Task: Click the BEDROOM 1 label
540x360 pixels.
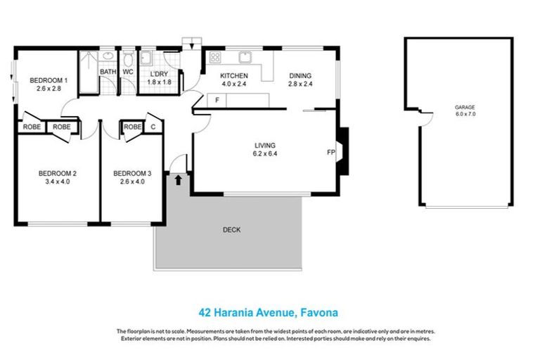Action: tap(46, 80)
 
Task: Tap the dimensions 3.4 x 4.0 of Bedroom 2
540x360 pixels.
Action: tap(58, 181)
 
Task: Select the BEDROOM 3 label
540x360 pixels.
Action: tap(132, 173)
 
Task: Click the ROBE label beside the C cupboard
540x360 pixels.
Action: tap(132, 127)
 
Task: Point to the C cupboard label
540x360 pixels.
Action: tap(153, 127)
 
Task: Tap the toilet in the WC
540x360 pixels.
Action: tap(129, 56)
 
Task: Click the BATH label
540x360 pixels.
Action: tap(108, 72)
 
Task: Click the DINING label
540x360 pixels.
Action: tap(300, 76)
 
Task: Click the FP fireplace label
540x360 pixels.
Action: tap(330, 152)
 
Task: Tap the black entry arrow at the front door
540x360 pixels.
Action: tap(178, 180)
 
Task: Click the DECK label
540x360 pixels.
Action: tap(231, 230)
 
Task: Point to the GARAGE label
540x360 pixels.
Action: tap(465, 108)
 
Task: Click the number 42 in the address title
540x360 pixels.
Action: tap(203, 311)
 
